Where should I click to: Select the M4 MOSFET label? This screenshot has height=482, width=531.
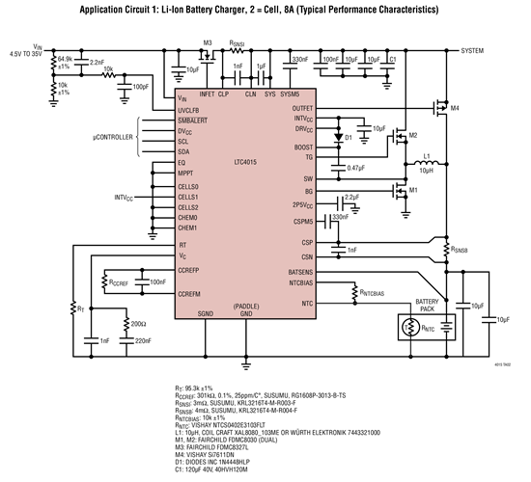(x=455, y=109)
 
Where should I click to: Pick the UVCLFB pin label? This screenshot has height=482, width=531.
(x=190, y=111)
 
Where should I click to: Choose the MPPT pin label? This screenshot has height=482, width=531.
(x=187, y=174)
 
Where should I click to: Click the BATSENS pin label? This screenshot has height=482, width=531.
(x=300, y=272)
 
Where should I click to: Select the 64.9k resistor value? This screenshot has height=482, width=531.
(x=65, y=59)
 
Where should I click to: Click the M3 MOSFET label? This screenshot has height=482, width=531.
(x=207, y=43)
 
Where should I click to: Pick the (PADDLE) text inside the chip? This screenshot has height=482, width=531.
(x=245, y=307)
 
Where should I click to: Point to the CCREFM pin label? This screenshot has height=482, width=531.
(x=190, y=293)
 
